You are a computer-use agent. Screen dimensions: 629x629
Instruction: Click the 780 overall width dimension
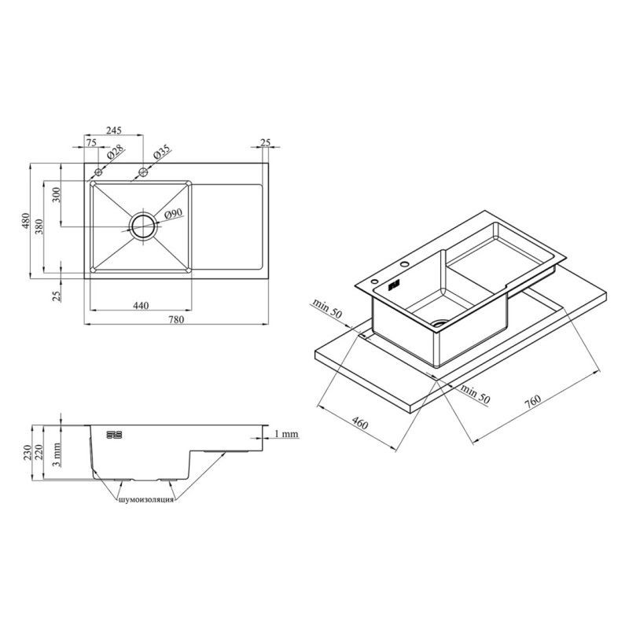click(176, 319)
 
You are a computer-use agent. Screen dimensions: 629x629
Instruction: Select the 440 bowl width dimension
click(141, 306)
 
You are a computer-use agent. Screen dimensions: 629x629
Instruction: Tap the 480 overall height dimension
click(26, 221)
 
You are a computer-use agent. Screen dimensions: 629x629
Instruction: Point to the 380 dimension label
click(39, 226)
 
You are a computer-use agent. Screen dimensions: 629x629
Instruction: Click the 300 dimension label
click(56, 195)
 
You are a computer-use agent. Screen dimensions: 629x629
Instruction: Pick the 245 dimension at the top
click(113, 131)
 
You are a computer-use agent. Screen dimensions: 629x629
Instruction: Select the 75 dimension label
click(91, 142)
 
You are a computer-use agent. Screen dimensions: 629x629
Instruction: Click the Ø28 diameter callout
click(115, 153)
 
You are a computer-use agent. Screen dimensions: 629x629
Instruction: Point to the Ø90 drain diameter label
click(173, 214)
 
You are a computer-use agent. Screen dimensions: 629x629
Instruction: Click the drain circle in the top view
click(143, 226)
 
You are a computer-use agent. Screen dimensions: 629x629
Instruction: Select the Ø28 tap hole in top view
click(98, 172)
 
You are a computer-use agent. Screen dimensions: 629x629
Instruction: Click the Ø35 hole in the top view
click(143, 172)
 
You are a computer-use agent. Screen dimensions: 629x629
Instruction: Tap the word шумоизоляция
click(146, 500)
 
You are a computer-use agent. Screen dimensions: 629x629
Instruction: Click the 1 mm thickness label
click(286, 434)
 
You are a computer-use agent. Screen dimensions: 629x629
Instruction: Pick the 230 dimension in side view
click(27, 453)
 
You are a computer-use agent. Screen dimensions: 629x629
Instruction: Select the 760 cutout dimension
click(533, 402)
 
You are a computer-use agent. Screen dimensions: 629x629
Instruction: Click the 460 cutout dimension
click(359, 423)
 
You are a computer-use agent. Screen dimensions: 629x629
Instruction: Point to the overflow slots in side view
click(114, 435)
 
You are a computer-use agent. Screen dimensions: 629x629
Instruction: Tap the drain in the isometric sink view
click(440, 323)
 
